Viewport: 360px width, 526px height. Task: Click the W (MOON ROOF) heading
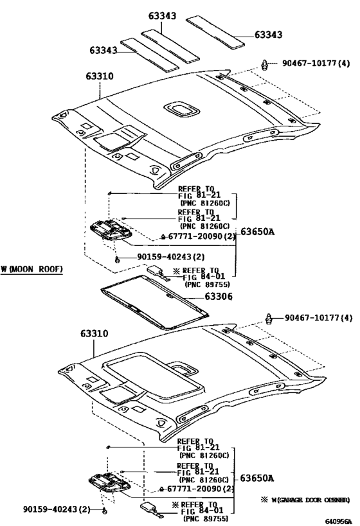coord(32,268)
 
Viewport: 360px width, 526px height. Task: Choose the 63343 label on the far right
coord(267,35)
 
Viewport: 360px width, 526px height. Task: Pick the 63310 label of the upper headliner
coord(99,76)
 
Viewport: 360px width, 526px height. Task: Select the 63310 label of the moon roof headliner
coord(94,334)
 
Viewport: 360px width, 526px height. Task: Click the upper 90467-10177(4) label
coord(316,63)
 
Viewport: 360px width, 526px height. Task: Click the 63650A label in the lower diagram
coord(257,478)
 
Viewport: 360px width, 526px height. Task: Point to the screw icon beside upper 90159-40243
coord(118,259)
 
